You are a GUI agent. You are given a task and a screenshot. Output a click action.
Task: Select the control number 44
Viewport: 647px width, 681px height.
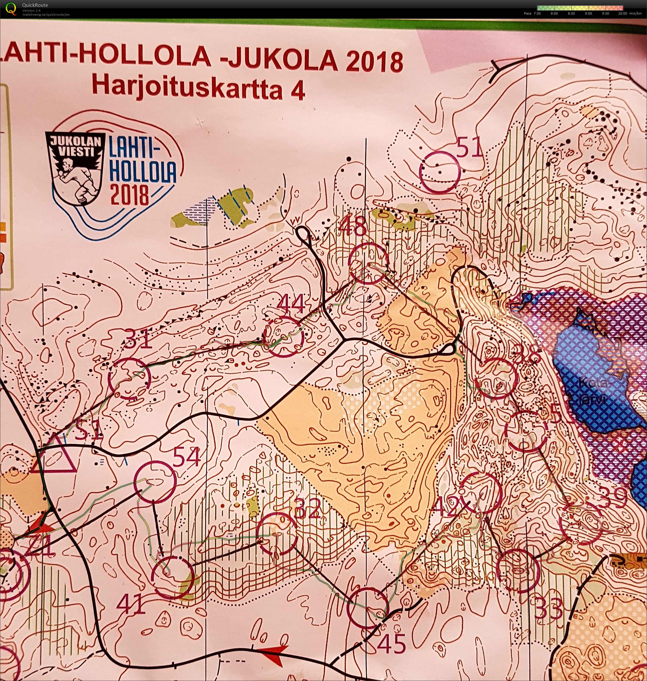pyautogui.click(x=292, y=304)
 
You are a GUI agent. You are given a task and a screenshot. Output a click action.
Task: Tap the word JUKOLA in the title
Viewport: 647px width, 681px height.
pyautogui.click(x=279, y=59)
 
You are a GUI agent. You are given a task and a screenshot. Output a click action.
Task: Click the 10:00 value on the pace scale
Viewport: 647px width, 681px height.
pyautogui.click(x=622, y=13)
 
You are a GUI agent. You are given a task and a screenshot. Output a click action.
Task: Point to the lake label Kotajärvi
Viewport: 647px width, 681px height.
pyautogui.click(x=591, y=392)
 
